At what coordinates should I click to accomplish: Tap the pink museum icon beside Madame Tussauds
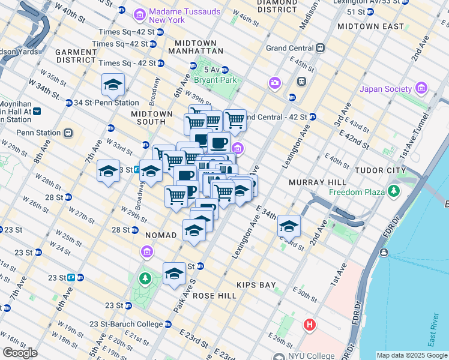[x=139, y=14]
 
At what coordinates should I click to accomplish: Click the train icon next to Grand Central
[x=321, y=47]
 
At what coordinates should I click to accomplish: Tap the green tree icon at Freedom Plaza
[x=394, y=191]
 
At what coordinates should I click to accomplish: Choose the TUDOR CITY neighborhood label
[x=381, y=170]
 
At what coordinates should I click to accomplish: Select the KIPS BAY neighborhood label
[x=256, y=283]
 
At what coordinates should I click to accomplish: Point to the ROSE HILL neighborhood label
[x=208, y=295]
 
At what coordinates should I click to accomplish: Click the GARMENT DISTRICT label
[x=76, y=56]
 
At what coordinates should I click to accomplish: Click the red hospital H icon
[x=309, y=325]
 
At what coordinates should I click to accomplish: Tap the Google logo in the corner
[x=20, y=353]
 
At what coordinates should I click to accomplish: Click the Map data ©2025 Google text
[x=411, y=355]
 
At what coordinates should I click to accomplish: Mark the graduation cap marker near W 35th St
[x=112, y=85]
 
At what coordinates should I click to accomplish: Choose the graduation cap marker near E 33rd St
[x=289, y=226]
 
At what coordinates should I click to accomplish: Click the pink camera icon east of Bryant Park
[x=275, y=82]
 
